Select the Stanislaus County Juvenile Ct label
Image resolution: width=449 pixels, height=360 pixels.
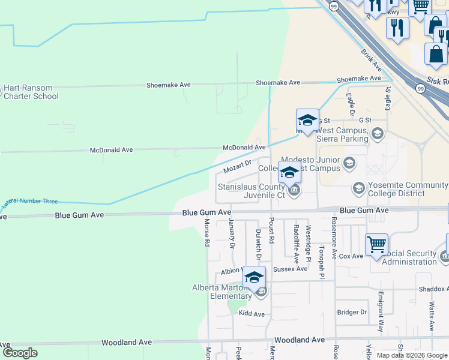click(251, 191)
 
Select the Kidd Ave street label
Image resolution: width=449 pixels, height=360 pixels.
click(252, 314)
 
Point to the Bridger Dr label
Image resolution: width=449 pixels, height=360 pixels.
click(352, 312)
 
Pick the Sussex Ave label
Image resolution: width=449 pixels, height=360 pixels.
click(290, 269)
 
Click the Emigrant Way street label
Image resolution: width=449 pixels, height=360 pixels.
click(381, 312)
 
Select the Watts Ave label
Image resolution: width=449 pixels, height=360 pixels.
click(432, 316)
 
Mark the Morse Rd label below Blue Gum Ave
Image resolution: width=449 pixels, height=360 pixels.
click(206, 233)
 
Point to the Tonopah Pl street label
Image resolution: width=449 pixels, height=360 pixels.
click(322, 262)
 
